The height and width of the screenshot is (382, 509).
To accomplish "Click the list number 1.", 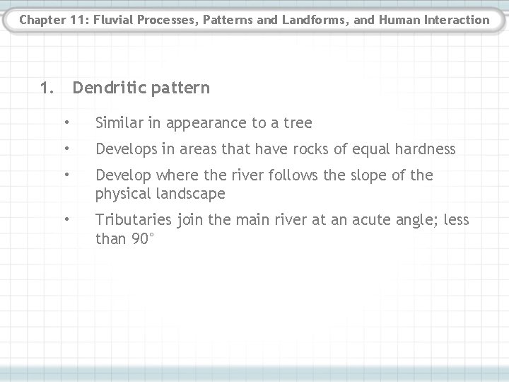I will pos(47,88).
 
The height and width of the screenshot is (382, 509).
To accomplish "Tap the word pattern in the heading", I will pos(179,88).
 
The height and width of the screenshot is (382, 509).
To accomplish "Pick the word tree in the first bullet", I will pos(298,123).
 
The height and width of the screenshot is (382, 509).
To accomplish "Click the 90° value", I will pos(141,238).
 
